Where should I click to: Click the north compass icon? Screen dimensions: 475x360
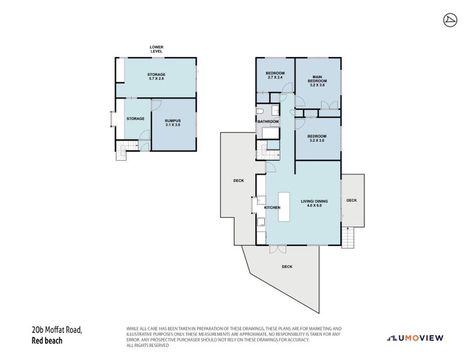click(x=450, y=20)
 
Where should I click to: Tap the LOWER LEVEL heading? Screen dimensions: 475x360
click(x=156, y=49)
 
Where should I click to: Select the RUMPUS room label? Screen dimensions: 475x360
click(x=173, y=122)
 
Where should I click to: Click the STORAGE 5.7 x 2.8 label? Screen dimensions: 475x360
click(x=156, y=76)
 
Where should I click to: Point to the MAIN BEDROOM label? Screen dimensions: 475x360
click(x=317, y=81)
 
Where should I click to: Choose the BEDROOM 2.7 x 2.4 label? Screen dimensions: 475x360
click(x=275, y=75)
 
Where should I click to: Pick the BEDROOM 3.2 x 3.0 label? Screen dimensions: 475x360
click(x=317, y=138)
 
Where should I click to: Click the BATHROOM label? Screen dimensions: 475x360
click(x=268, y=121)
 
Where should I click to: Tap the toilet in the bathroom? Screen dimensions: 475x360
click(x=260, y=112)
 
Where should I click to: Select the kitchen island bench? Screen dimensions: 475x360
click(x=284, y=207)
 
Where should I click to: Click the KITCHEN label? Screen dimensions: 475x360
click(x=272, y=208)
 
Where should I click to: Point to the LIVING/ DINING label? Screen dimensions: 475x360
click(x=314, y=203)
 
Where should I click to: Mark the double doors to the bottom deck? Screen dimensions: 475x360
click(x=278, y=249)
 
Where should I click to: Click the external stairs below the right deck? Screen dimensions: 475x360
click(x=348, y=238)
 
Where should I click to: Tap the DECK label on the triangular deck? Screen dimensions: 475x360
click(x=287, y=267)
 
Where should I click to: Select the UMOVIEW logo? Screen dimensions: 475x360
click(x=415, y=338)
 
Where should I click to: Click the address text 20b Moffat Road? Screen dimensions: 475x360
click(x=56, y=329)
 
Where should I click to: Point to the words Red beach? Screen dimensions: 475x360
click(x=47, y=340)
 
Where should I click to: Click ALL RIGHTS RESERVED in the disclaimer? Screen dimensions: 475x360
click(x=147, y=345)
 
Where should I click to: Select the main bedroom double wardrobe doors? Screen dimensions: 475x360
click(x=329, y=105)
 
